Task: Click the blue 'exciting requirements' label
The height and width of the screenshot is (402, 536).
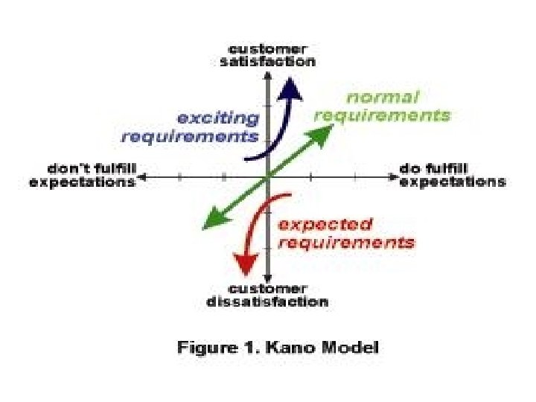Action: pyautogui.click(x=191, y=127)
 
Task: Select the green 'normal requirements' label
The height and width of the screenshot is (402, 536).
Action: pyautogui.click(x=382, y=106)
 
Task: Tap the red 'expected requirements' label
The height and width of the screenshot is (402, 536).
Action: pyautogui.click(x=345, y=233)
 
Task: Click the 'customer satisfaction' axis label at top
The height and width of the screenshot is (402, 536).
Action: pyautogui.click(x=267, y=55)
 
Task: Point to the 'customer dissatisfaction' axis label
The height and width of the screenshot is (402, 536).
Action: pyautogui.click(x=267, y=295)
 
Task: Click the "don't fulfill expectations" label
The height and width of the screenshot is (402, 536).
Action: pyautogui.click(x=83, y=176)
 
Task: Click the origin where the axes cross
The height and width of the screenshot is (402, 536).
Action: pyautogui.click(x=267, y=177)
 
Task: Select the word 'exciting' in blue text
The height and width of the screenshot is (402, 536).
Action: pyautogui.click(x=217, y=118)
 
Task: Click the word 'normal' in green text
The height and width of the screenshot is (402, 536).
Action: pyautogui.click(x=383, y=98)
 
